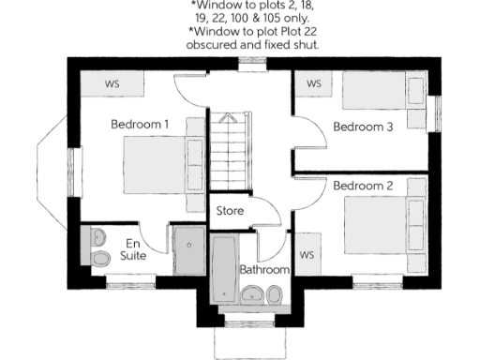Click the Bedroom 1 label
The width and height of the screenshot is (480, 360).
click(x=140, y=124)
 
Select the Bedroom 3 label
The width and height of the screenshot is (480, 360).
click(x=363, y=127)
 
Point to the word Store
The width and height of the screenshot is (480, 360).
click(x=230, y=211)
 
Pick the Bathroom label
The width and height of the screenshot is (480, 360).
click(x=264, y=269)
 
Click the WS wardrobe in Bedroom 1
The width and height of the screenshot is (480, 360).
click(x=112, y=83)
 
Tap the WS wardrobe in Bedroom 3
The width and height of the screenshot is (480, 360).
click(x=313, y=83)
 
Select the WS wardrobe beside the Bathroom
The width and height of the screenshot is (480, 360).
click(x=306, y=254)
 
